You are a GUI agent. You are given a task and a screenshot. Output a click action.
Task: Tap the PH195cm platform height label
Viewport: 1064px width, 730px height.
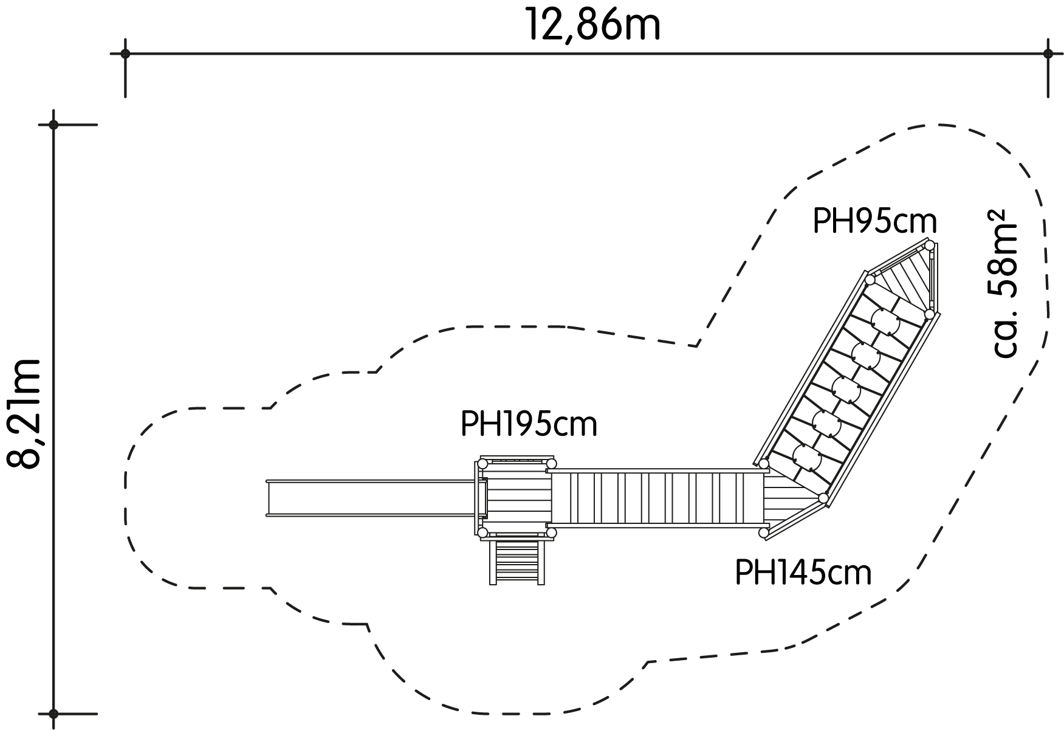click(529, 424)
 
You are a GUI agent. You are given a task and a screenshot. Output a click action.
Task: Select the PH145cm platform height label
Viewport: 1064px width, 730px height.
click(803, 572)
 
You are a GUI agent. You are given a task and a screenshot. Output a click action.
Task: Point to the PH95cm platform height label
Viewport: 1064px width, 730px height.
click(874, 222)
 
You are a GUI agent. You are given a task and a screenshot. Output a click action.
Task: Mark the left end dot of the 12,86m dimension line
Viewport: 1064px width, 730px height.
click(125, 53)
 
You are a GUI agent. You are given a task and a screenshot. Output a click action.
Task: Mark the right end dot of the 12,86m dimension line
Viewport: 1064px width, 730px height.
click(1048, 53)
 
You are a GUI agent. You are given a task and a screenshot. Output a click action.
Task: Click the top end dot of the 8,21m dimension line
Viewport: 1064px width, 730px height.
click(53, 125)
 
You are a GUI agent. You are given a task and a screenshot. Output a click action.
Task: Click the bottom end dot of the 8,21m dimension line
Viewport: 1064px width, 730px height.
click(53, 714)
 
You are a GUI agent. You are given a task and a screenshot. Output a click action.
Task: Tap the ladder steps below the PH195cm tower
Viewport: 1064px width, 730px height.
click(517, 562)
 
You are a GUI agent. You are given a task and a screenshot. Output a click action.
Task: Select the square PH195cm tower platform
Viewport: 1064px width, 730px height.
click(517, 498)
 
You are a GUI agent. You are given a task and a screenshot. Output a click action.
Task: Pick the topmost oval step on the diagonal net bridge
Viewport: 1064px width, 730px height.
click(885, 320)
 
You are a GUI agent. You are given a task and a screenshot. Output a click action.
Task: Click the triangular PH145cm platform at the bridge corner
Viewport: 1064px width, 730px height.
click(787, 501)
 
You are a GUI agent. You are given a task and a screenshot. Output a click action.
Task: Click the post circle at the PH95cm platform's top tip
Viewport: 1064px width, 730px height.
click(929, 245)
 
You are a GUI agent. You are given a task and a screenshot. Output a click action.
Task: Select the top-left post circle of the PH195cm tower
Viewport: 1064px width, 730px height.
click(482, 464)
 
